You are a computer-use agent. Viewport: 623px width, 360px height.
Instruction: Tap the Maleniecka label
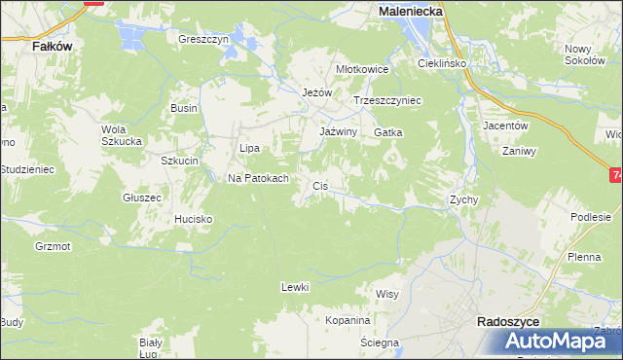[410, 10]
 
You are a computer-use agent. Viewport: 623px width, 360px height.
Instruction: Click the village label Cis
[319, 185]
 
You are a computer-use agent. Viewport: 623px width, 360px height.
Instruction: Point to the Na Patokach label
[258, 178]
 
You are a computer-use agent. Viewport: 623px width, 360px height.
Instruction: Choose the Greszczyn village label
[202, 40]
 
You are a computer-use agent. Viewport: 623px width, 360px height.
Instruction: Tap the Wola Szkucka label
[122, 133]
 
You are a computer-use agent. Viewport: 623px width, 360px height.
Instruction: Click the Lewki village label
[294, 286]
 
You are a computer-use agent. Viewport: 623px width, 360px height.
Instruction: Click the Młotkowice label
[362, 69]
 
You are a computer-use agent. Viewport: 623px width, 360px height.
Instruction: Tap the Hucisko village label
[193, 219]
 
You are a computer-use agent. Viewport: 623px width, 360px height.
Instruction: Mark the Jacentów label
[505, 126]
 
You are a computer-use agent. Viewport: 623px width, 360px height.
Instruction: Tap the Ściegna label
[379, 342]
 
